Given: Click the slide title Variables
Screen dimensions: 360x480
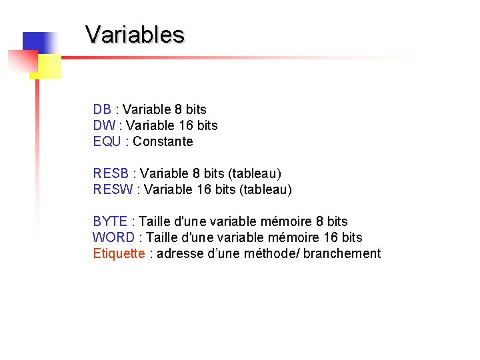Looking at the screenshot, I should [x=135, y=34].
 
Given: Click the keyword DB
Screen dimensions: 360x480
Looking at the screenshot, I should [x=102, y=109].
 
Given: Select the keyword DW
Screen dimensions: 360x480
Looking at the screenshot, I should [x=104, y=125].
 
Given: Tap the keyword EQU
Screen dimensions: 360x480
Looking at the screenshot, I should [x=107, y=141].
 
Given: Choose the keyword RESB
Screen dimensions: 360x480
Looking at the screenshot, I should [x=111, y=173].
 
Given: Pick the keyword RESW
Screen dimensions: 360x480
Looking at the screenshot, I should [x=113, y=189].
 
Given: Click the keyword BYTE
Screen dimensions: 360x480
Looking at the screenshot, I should [x=110, y=221].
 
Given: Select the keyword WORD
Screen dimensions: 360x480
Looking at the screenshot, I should [x=113, y=237].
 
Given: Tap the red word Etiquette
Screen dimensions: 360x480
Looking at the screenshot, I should [x=119, y=253].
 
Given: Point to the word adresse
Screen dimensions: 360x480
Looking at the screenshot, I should [x=179, y=253].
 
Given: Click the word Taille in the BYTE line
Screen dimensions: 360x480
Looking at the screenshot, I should [x=157, y=221].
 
